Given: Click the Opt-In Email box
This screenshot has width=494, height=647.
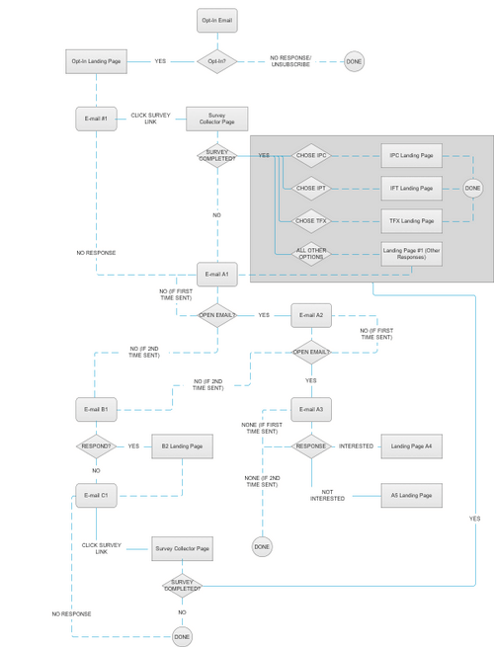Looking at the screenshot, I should pyautogui.click(x=216, y=20).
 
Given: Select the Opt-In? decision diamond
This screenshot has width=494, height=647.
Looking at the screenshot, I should pyautogui.click(x=216, y=61).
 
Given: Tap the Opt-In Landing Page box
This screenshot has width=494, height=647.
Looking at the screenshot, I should pyautogui.click(x=97, y=61).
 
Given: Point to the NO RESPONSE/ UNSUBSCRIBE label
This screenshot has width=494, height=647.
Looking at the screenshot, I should pyautogui.click(x=290, y=61).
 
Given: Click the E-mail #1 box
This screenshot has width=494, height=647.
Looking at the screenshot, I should pyautogui.click(x=97, y=119).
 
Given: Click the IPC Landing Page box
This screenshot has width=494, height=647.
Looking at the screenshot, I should pyautogui.click(x=411, y=156).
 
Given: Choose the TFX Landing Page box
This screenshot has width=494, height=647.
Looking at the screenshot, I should pyautogui.click(x=411, y=219).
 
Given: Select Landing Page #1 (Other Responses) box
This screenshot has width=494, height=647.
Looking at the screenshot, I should pyautogui.click(x=411, y=253).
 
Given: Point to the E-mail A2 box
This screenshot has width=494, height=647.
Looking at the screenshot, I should pyautogui.click(x=311, y=315).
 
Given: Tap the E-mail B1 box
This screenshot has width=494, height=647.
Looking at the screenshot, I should pyautogui.click(x=97, y=408).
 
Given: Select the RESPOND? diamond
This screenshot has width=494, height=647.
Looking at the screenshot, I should pyautogui.click(x=97, y=446).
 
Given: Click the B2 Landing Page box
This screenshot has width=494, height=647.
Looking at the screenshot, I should pyautogui.click(x=182, y=446).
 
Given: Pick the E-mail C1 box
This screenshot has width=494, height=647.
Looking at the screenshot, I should pyautogui.click(x=97, y=495).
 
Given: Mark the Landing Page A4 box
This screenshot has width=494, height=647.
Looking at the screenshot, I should pyautogui.click(x=411, y=446).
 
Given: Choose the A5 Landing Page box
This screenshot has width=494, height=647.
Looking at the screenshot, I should pyautogui.click(x=411, y=495).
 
